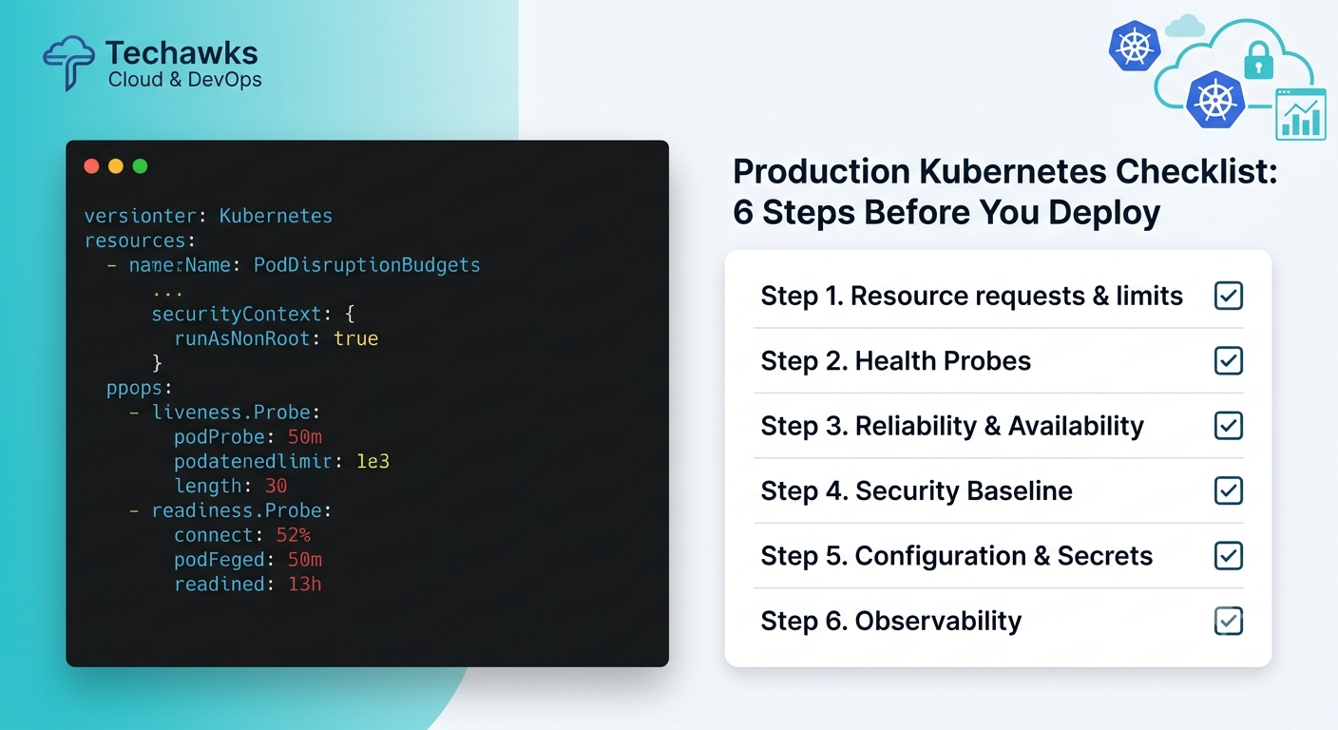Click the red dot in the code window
[x=91, y=166]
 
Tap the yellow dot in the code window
[x=116, y=166]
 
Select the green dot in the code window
[x=140, y=166]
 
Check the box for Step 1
[x=1228, y=296]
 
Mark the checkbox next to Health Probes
[x=1228, y=361]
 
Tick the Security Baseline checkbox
[x=1228, y=490]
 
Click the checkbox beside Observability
[x=1228, y=621]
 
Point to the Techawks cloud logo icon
[x=68, y=63]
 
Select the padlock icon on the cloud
[x=1258, y=60]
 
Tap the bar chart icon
[x=1301, y=114]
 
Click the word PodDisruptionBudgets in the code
[x=367, y=264]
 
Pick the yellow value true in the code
[x=356, y=338]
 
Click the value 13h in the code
[x=305, y=585]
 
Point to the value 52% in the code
[x=294, y=534]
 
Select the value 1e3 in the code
[x=373, y=461]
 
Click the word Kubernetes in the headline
[x=1012, y=171]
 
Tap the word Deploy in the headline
[x=1104, y=213]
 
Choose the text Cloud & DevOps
[x=184, y=80]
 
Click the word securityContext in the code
[x=237, y=315]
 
